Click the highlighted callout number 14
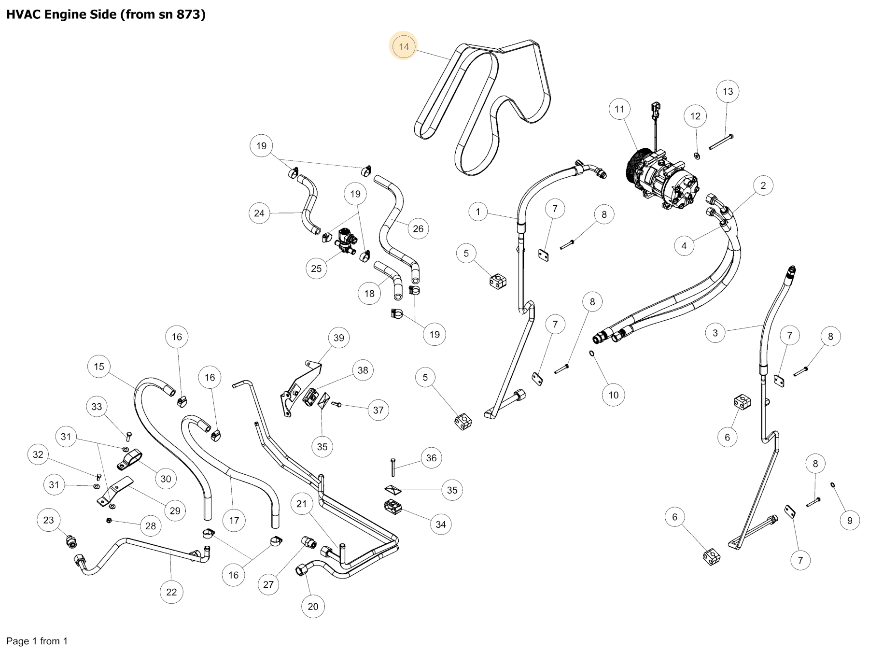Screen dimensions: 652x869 [404, 47]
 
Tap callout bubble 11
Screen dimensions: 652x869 [619, 109]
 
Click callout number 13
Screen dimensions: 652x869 [728, 91]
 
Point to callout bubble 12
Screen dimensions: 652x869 [695, 116]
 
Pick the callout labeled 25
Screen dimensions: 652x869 [316, 269]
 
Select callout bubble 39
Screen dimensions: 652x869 [339, 338]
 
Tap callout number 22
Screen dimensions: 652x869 [171, 592]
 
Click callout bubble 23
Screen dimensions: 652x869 [49, 520]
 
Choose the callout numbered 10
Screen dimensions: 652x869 [613, 395]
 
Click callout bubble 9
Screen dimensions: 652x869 [850, 521]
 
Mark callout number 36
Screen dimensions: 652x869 [431, 458]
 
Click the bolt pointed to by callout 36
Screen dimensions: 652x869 [393, 467]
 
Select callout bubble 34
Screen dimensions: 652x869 [441, 524]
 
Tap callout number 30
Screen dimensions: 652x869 [166, 479]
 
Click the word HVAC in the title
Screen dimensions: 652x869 [24, 14]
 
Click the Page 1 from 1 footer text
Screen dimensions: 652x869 [37, 641]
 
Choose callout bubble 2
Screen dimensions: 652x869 [763, 185]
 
